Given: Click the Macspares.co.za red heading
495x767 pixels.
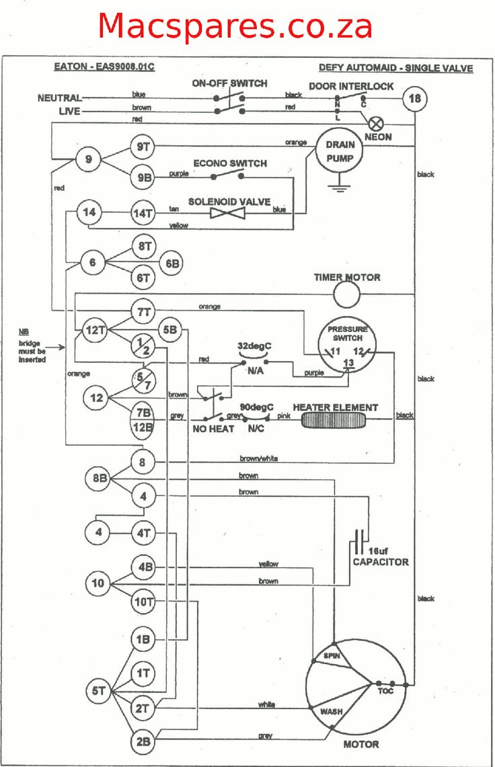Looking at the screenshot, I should click(235, 27).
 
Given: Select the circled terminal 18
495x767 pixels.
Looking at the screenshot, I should click(415, 99).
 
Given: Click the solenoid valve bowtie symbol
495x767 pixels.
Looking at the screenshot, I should click(227, 213).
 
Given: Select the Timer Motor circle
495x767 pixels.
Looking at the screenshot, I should click(347, 294).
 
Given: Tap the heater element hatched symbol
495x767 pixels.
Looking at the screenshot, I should click(335, 421).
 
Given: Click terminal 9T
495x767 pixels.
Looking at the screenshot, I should click(143, 147).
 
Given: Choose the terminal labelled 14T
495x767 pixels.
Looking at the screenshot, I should click(143, 213).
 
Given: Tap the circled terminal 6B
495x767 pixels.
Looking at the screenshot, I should click(172, 264).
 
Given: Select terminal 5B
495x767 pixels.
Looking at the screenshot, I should click(170, 330).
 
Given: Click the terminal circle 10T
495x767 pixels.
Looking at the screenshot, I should click(144, 602).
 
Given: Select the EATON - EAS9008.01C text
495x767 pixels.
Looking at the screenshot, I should click(104, 67).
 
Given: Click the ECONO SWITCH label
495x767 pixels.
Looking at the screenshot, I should click(230, 163).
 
